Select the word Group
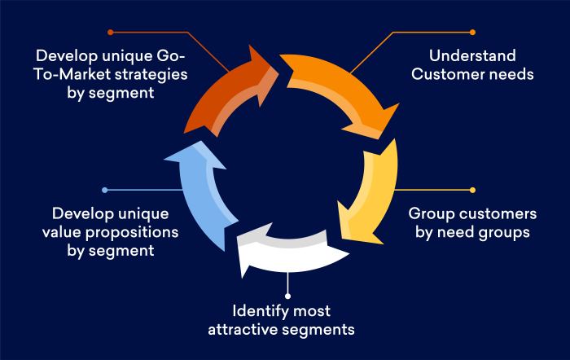point(428,215)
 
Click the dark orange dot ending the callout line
point(110,33)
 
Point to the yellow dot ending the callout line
point(473,190)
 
